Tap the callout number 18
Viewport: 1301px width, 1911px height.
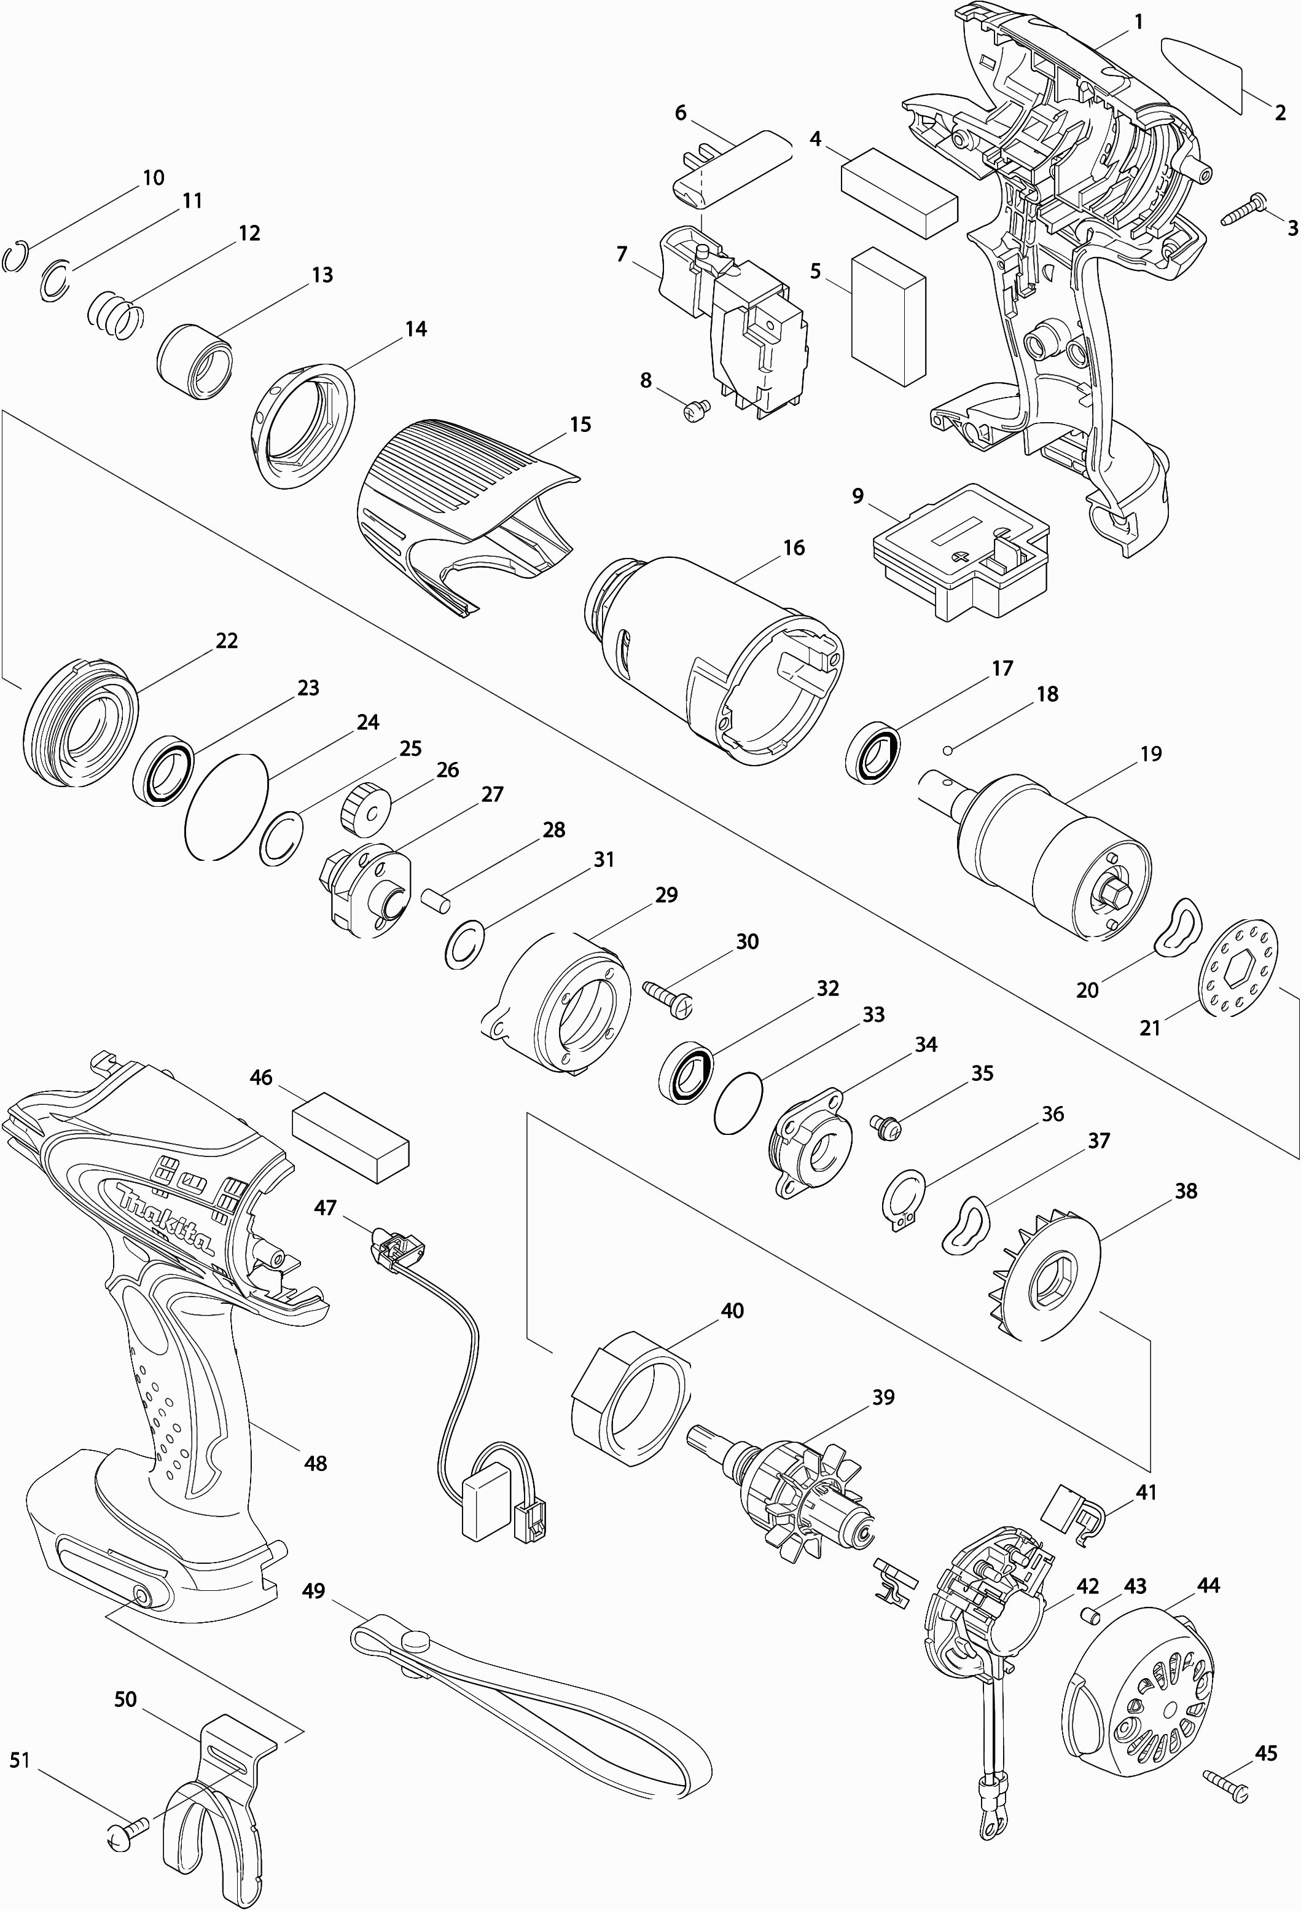[x=1047, y=694]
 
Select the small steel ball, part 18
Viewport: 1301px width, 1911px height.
[x=948, y=749]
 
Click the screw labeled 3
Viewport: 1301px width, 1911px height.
[x=1243, y=208]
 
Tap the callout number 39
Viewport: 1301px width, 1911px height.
[x=883, y=1397]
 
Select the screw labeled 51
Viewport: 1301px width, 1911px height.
[x=127, y=1823]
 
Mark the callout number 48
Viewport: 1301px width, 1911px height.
[x=316, y=1463]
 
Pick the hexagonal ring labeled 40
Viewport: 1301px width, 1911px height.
[x=630, y=1398]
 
